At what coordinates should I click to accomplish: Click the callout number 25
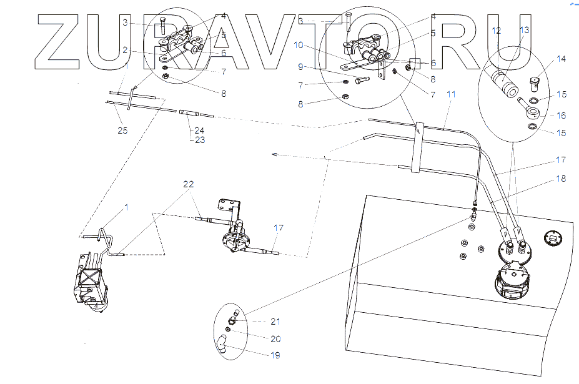[122, 130]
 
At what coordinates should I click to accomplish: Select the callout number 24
[199, 130]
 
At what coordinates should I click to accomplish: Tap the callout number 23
[200, 140]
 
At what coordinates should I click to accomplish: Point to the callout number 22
[189, 184]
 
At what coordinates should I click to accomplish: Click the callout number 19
[275, 355]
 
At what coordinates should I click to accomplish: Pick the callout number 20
[275, 339]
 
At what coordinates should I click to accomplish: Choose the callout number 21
[275, 322]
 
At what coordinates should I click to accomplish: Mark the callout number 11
[451, 94]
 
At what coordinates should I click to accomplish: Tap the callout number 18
[561, 179]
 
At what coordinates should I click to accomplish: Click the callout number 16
[561, 116]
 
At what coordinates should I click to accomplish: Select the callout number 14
[561, 59]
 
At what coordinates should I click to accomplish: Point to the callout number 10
[299, 45]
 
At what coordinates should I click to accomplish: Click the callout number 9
[300, 67]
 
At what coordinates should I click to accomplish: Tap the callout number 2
[125, 50]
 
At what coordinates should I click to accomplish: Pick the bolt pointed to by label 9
[362, 80]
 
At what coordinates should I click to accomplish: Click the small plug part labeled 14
[534, 83]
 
